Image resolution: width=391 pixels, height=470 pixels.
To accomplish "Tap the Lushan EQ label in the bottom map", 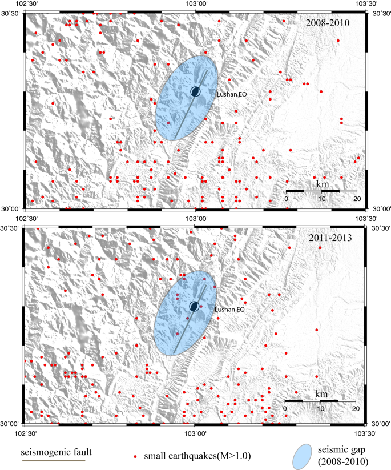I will tap(229, 309).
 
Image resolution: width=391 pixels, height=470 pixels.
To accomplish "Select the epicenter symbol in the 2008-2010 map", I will tap(196, 91).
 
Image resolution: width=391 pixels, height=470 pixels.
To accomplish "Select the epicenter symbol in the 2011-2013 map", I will tap(194, 307).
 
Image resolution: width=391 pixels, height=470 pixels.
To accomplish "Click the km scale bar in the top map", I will tap(321, 191).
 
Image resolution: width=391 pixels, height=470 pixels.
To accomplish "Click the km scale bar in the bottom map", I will tap(320, 401).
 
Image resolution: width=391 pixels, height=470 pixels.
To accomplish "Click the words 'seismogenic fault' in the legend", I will tap(56, 453).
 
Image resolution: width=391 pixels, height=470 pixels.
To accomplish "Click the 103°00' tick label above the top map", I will tap(195, 4).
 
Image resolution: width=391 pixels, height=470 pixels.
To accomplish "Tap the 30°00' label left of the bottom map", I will tap(10, 424).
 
